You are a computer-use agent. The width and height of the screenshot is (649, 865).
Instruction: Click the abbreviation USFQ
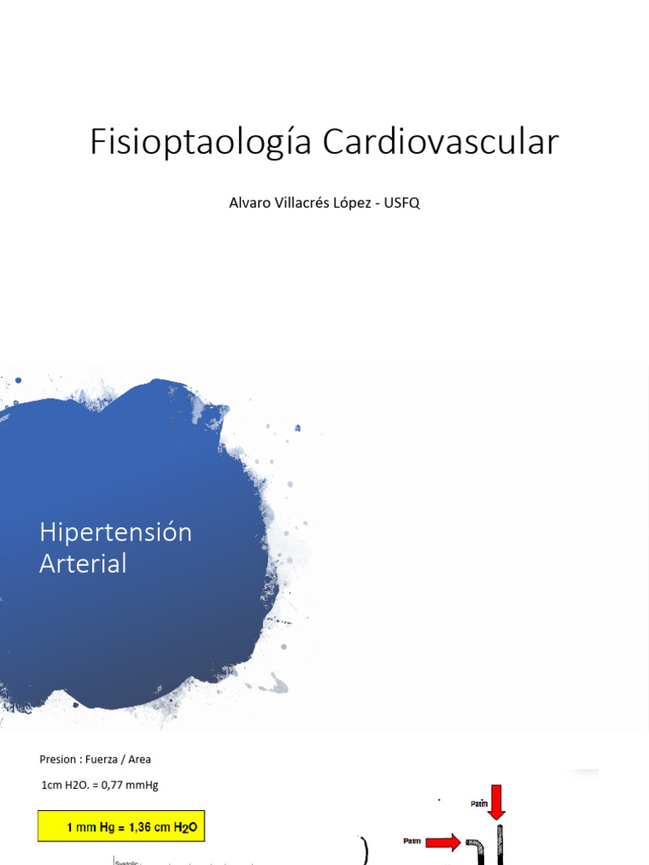click(403, 204)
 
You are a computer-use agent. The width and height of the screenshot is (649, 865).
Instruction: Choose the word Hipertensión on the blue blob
click(116, 533)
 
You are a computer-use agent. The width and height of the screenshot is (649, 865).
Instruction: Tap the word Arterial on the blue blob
click(83, 563)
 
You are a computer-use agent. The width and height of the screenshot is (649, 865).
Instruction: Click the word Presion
click(57, 759)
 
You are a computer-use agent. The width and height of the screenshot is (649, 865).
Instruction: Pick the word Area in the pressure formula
click(139, 759)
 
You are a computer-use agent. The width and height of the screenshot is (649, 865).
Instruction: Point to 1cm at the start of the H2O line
click(51, 785)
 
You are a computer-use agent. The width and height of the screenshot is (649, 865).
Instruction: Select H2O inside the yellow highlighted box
click(184, 828)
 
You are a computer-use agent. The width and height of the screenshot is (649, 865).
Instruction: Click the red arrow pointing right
click(442, 841)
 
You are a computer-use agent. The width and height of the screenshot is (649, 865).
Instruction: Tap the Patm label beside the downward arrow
click(479, 804)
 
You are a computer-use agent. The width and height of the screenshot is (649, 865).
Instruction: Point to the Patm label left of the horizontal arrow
click(412, 841)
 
